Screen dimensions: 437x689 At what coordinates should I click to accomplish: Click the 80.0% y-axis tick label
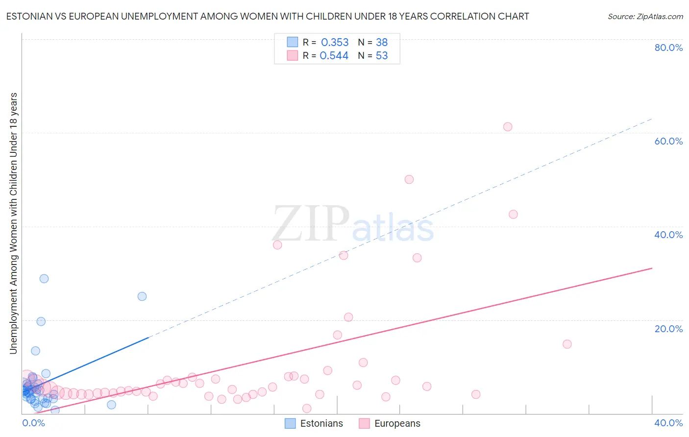668,48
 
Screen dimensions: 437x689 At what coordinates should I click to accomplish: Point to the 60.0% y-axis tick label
668,141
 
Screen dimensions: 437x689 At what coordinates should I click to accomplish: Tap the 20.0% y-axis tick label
668,329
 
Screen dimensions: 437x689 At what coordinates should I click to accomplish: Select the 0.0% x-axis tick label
33,423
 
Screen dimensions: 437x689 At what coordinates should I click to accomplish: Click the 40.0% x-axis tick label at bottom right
668,423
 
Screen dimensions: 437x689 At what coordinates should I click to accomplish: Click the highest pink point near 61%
508,127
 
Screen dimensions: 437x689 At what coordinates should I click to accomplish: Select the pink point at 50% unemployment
409,179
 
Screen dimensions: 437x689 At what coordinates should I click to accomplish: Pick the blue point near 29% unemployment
44,279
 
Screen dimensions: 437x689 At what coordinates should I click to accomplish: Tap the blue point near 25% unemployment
142,296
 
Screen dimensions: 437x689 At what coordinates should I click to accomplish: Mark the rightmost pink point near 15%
567,344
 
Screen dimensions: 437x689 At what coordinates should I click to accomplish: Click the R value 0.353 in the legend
335,43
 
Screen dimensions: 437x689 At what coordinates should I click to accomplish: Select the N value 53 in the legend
382,56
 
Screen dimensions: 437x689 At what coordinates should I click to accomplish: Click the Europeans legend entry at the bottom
390,424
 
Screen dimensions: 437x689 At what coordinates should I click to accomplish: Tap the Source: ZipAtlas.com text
645,17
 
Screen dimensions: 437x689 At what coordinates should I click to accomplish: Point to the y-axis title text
13,223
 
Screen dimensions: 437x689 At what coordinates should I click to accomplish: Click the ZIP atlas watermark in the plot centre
353,224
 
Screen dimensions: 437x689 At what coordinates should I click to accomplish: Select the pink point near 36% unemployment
277,245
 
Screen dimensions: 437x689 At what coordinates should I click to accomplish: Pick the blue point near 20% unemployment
41,321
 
